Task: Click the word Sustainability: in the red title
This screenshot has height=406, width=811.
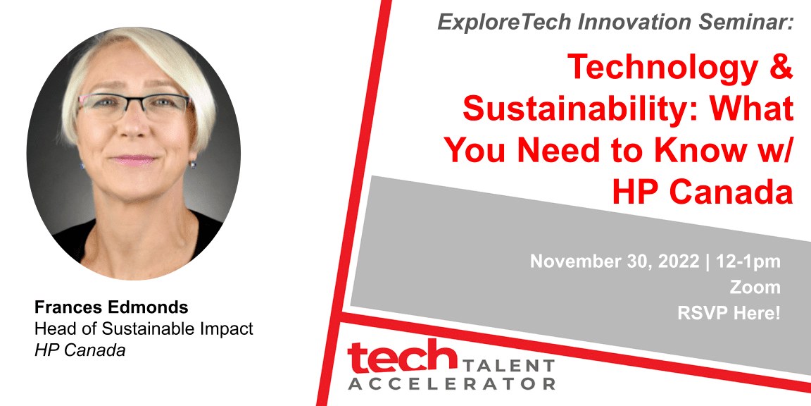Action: (582, 110)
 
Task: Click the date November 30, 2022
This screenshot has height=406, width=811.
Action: (615, 262)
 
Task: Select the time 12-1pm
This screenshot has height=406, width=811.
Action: (748, 262)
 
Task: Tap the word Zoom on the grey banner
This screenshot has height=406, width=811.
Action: (755, 288)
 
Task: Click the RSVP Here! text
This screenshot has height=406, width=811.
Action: (728, 313)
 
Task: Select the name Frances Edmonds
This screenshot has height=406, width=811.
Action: (111, 307)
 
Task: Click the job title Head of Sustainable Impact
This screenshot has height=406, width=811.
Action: (144, 329)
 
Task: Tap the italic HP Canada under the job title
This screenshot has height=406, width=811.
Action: (80, 350)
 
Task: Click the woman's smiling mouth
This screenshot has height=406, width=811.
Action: (134, 160)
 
